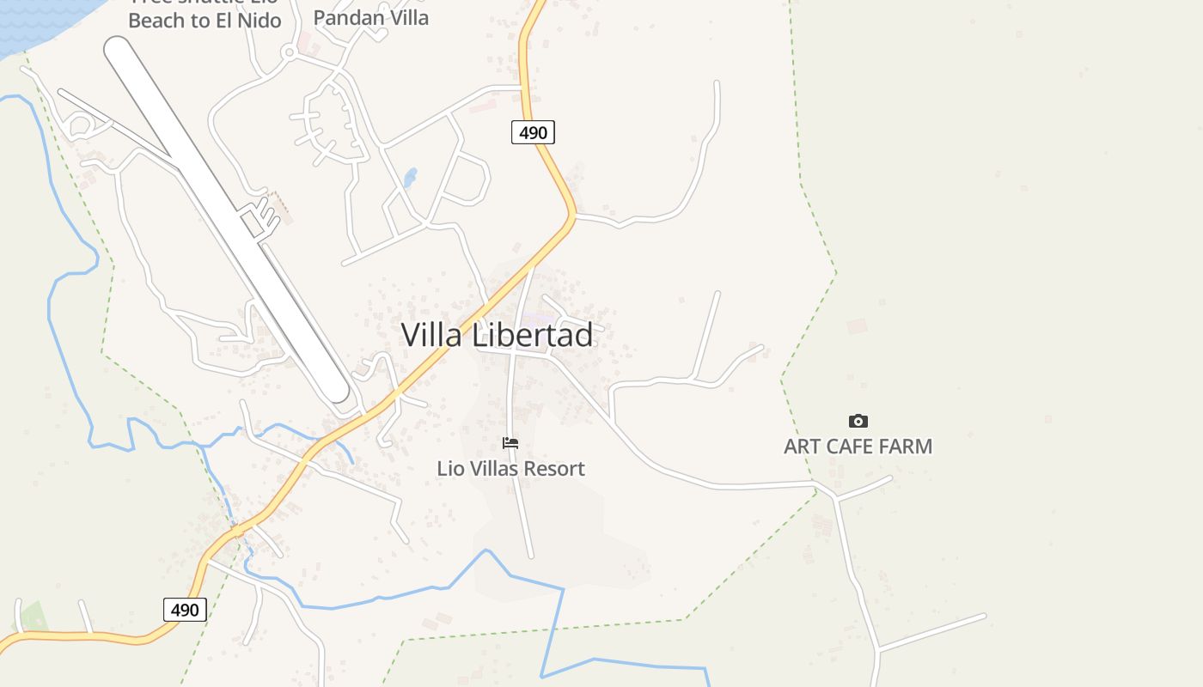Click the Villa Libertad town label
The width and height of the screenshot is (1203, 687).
[497, 335]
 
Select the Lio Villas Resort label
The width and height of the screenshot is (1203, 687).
[510, 469]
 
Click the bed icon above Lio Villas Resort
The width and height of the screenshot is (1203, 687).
[510, 443]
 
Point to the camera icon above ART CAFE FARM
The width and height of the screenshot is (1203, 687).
[858, 421]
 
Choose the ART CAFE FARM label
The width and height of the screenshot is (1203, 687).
[858, 447]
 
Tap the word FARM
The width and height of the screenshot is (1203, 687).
[905, 447]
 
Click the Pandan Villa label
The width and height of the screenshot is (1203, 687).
[370, 17]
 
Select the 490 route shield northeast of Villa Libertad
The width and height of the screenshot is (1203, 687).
[533, 132]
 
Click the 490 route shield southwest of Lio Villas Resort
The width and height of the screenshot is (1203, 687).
[185, 610]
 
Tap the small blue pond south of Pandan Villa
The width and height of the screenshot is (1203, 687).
[411, 178]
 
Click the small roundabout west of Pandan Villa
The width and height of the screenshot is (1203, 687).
[289, 52]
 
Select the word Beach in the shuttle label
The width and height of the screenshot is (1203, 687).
[156, 21]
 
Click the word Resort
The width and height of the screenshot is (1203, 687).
[556, 469]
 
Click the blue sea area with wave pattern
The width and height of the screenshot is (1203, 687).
[34, 21]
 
